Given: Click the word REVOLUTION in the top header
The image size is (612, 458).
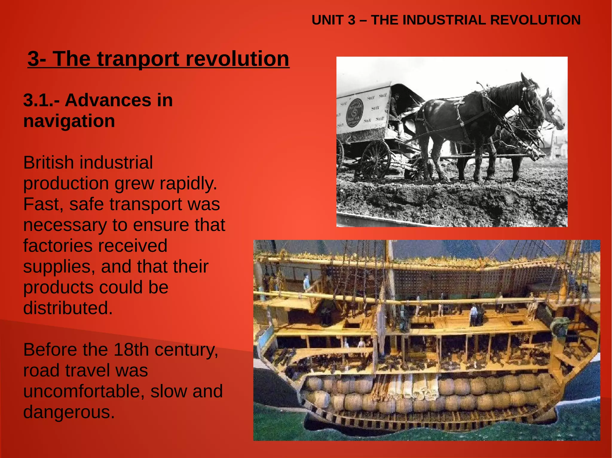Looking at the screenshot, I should (535, 20).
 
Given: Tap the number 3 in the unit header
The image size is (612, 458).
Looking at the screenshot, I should (351, 20).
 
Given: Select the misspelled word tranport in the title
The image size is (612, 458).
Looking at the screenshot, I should (139, 59).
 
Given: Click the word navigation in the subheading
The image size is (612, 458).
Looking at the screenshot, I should (69, 121).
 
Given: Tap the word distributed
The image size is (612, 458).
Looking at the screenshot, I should (68, 308).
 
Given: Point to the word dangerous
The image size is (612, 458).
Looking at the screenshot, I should (69, 412).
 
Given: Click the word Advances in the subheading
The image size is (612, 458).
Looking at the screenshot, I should (108, 100).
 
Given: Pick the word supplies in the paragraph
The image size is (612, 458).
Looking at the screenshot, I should (59, 267).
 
